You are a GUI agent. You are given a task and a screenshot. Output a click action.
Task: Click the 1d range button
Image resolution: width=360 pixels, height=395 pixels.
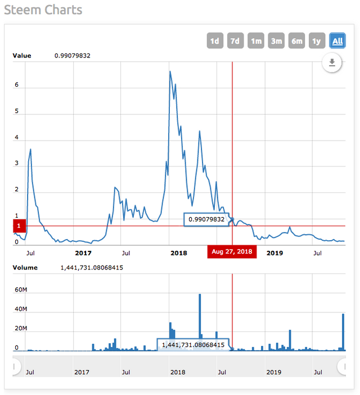click(214, 41)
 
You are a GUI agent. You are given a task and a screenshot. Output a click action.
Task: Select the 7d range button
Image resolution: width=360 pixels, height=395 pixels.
click(235, 41)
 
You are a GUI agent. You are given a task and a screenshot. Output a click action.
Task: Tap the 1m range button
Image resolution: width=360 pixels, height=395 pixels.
click(256, 41)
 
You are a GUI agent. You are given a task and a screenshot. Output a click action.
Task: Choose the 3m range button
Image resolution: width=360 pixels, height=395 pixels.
click(276, 41)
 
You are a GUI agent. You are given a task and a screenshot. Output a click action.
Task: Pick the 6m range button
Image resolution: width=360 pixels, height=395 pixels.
click(296, 41)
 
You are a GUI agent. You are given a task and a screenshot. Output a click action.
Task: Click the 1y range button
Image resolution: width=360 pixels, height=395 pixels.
click(317, 41)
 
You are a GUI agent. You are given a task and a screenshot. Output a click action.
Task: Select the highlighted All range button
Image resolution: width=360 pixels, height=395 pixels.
click(337, 41)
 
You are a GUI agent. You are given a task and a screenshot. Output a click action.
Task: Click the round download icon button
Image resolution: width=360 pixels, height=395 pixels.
click(332, 62)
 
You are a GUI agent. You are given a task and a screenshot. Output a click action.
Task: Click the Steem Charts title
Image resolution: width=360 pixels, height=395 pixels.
click(43, 10)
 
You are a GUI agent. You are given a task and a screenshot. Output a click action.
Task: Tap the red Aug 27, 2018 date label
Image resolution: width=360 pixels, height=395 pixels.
click(232, 252)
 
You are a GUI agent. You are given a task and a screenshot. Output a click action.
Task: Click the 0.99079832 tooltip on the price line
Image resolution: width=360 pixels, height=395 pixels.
click(206, 219)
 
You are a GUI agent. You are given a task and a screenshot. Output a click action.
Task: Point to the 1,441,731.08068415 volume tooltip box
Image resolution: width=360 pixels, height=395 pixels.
click(193, 344)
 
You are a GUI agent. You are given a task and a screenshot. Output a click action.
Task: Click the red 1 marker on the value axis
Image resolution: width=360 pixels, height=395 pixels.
click(19, 226)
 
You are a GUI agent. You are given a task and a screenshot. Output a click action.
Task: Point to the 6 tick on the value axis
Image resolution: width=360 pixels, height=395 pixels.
click(17, 86)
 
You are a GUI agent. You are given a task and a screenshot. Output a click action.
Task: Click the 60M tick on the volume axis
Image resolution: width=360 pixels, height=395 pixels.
click(20, 290)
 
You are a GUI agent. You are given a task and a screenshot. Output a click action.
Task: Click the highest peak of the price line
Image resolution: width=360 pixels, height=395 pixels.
click(170, 71)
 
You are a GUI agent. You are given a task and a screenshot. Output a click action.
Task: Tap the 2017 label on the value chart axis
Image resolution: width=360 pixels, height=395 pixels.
click(83, 253)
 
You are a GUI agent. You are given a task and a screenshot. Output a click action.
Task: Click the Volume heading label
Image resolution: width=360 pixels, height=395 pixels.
click(25, 267)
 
